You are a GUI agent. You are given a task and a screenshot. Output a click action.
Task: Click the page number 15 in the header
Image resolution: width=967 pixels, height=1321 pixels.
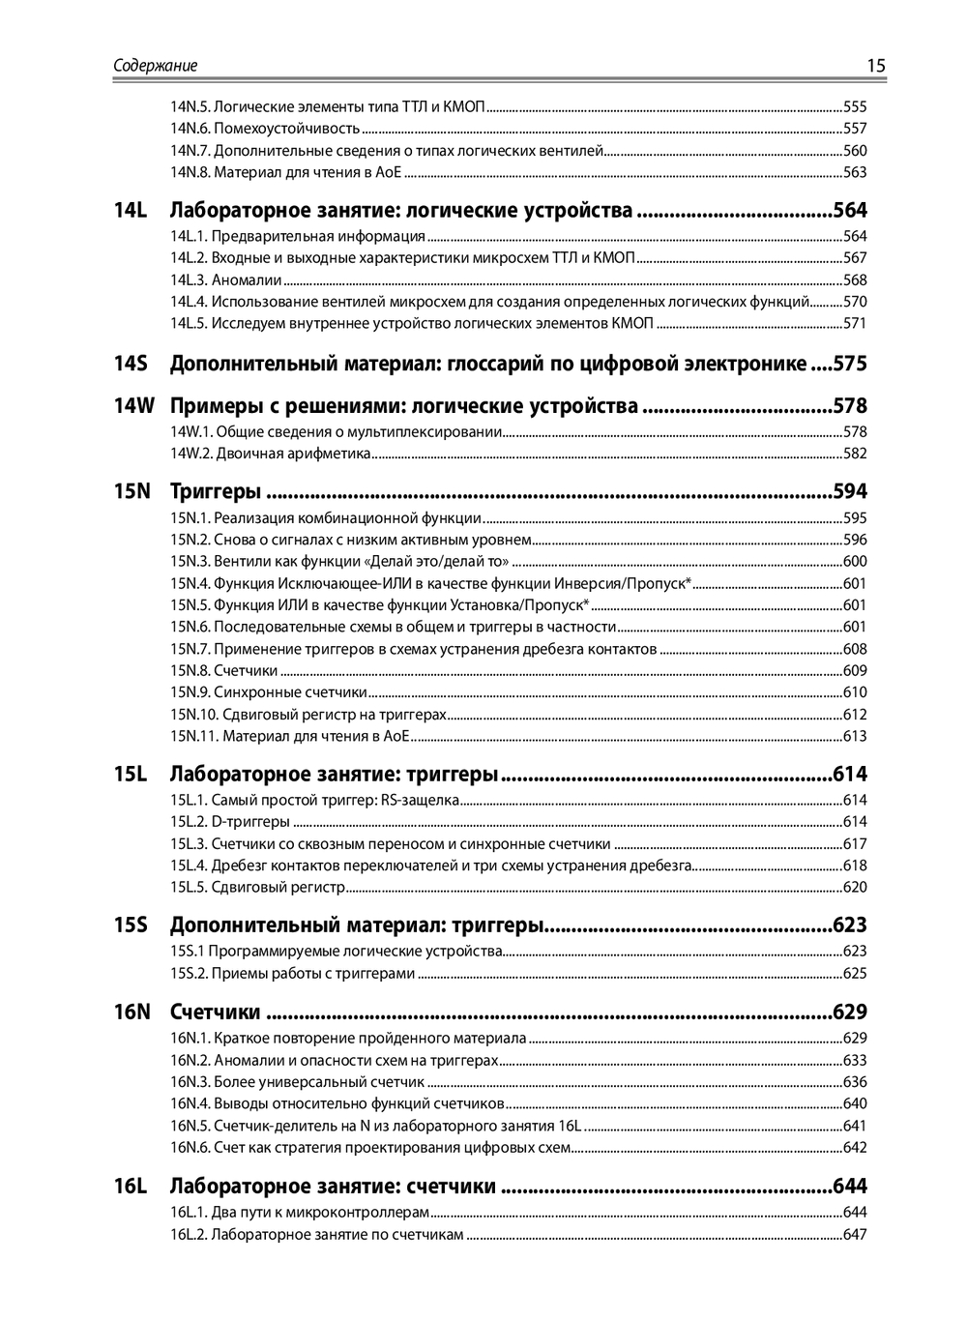(x=875, y=66)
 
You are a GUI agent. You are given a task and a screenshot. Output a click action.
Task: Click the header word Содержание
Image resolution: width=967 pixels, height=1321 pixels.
(x=155, y=66)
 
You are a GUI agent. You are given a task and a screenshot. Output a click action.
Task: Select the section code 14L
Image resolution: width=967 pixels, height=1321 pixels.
(x=130, y=210)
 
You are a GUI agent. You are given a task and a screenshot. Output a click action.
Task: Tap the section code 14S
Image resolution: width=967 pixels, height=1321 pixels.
(x=130, y=364)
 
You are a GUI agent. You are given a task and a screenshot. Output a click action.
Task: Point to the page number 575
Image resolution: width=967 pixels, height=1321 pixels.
(x=850, y=364)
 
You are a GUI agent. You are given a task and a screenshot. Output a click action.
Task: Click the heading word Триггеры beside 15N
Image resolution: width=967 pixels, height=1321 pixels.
(x=215, y=491)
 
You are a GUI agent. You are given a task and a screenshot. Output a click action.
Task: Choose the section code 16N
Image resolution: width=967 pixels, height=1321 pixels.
(x=132, y=1013)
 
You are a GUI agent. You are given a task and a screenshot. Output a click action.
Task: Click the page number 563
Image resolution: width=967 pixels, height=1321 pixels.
(x=855, y=172)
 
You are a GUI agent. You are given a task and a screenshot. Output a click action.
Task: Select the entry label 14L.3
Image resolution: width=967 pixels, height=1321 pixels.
(x=189, y=280)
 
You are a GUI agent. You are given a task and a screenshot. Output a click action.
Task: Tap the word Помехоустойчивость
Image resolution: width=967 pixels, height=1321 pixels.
(x=287, y=129)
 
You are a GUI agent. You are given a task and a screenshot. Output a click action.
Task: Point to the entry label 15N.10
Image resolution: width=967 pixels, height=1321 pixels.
(x=194, y=715)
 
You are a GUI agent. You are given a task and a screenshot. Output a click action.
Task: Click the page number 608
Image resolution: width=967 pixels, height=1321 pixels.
(x=855, y=649)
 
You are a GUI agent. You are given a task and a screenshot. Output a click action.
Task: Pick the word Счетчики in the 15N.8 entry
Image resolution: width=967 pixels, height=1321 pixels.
(x=246, y=671)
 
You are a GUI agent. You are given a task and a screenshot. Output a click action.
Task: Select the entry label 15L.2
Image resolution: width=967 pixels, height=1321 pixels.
(x=189, y=822)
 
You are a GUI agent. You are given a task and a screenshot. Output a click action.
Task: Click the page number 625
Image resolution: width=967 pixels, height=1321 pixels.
(x=855, y=974)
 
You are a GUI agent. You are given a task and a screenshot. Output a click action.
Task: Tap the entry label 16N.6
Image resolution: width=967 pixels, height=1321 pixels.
(x=190, y=1148)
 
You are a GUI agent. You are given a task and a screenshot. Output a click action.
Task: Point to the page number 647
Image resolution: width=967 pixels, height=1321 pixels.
(x=855, y=1235)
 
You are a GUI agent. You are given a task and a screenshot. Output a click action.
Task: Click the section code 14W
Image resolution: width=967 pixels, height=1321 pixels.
(x=133, y=406)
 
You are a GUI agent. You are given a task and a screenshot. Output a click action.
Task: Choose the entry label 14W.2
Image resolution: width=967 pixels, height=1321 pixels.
(x=191, y=454)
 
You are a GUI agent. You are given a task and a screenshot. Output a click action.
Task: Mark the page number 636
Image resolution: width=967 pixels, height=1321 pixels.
(x=855, y=1082)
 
